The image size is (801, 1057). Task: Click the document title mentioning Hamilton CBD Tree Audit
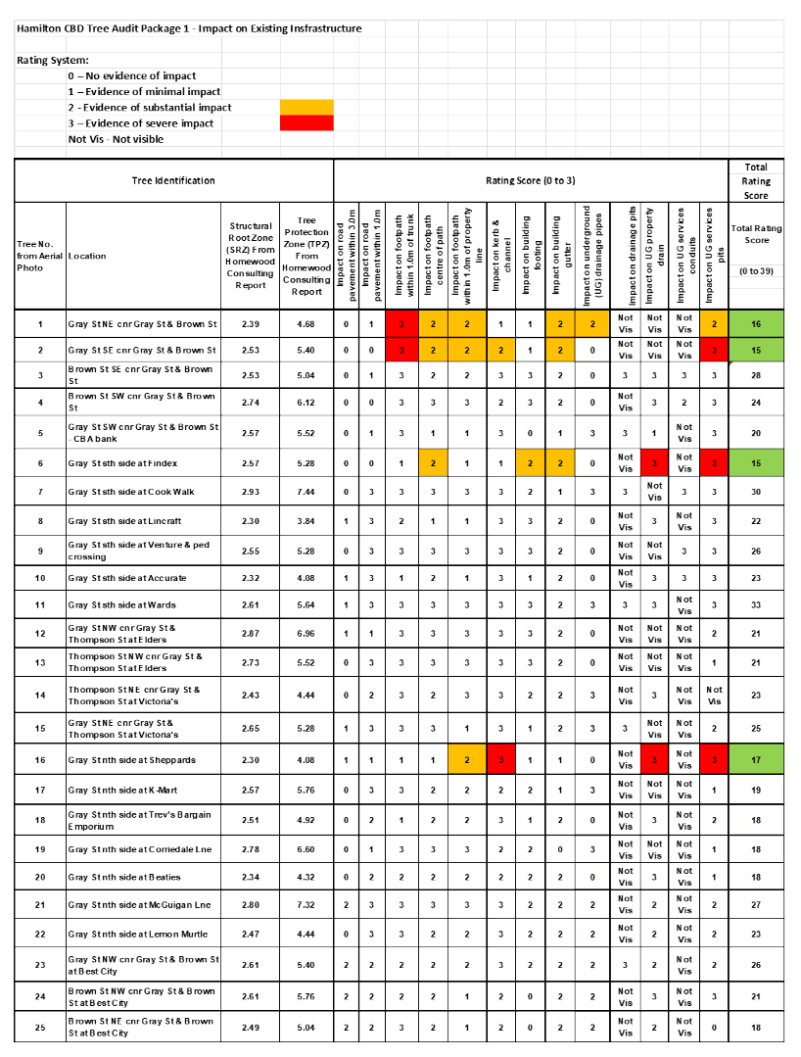click(189, 28)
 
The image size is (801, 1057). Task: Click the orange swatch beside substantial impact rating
click(306, 107)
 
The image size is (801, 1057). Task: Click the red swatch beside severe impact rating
click(306, 122)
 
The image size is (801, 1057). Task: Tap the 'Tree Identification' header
click(173, 181)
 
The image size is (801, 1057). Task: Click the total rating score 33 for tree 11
click(756, 605)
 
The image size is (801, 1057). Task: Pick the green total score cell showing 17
click(756, 759)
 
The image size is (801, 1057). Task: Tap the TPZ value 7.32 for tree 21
click(306, 904)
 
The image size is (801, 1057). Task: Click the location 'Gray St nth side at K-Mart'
click(123, 790)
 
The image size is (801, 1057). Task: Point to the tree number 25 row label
click(40, 1027)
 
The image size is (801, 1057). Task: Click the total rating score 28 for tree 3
click(756, 375)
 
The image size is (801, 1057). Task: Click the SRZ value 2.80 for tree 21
click(250, 904)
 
